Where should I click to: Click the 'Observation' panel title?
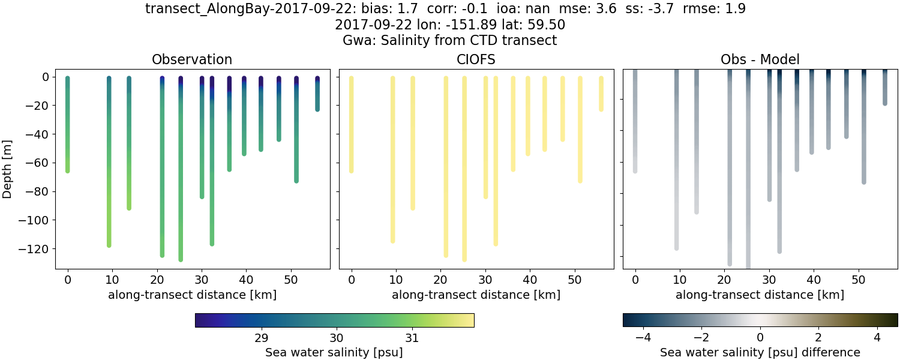[192, 59]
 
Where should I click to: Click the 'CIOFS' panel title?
[476, 59]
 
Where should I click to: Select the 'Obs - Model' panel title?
[760, 59]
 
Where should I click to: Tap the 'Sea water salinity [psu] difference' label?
[760, 352]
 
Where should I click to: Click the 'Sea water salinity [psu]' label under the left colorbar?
[334, 352]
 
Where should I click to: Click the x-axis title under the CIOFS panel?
[476, 295]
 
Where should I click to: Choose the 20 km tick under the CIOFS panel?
[440, 279]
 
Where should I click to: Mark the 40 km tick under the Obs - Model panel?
[813, 279]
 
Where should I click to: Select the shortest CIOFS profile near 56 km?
[601, 94]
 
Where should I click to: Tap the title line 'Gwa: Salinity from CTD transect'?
[450, 41]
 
